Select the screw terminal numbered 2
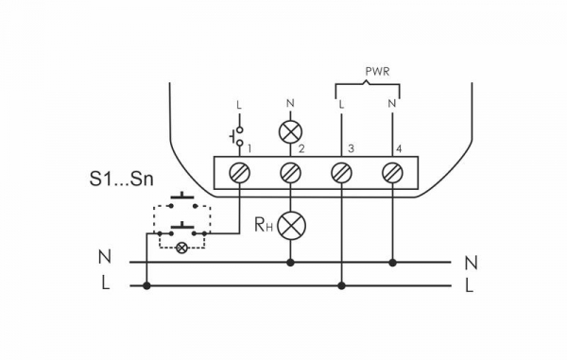click(291, 172)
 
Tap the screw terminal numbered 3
click(341, 172)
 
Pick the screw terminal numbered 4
click(392, 172)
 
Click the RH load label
click(264, 225)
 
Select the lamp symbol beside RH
click(291, 225)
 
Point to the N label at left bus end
click(104, 257)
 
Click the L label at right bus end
click(470, 286)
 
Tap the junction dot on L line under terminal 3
click(341, 284)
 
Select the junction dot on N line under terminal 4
click(392, 262)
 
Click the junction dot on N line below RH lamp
click(291, 262)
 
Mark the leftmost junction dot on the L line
click(146, 284)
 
